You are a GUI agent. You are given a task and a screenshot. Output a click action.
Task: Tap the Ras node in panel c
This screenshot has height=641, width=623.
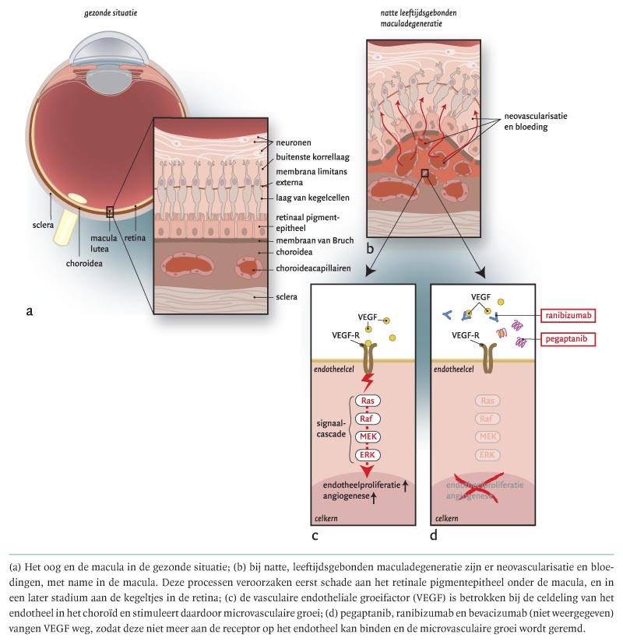(367, 401)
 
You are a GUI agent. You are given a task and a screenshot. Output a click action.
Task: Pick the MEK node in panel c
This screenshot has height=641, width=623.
(367, 437)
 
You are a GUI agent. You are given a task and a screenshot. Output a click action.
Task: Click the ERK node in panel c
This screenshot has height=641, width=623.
(367, 455)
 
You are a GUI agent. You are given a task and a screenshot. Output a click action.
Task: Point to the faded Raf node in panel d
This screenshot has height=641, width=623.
(487, 419)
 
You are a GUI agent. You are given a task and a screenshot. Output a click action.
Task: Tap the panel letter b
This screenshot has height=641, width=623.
(370, 247)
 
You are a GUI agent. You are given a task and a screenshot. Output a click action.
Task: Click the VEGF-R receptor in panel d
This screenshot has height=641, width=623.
(490, 354)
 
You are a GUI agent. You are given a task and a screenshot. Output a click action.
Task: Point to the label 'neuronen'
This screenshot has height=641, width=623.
(294, 144)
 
